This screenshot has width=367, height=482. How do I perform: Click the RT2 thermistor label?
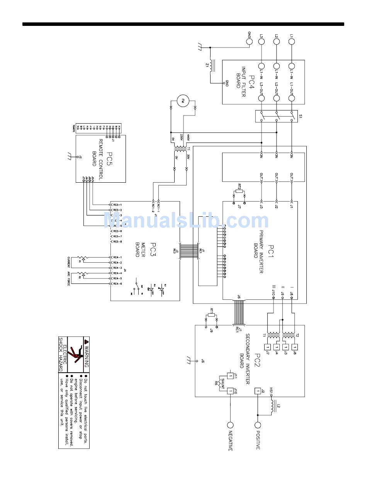coord(240,187)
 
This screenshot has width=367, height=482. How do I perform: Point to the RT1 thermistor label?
coord(211,310)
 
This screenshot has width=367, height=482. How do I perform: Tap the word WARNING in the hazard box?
coord(86,354)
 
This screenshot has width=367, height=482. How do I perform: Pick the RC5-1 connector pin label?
coord(118,205)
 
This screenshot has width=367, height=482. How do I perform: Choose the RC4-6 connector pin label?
coord(118,284)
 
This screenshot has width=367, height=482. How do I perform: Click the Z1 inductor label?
coord(207,66)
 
